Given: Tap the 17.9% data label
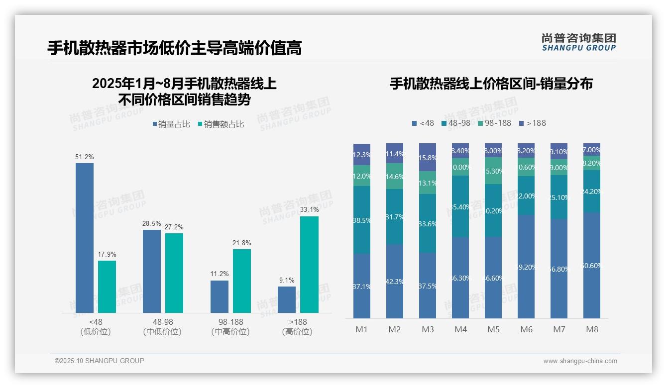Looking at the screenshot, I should click(x=107, y=254).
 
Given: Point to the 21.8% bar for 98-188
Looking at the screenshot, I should click(x=242, y=281).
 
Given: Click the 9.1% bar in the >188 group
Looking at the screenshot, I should click(x=287, y=299).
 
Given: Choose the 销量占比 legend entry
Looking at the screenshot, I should click(x=171, y=124).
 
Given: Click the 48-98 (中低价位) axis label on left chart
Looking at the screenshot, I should click(x=162, y=327).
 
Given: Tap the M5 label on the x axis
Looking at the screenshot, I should click(x=493, y=329).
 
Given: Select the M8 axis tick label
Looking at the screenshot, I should click(x=592, y=329).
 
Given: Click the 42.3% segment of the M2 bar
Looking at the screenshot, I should click(x=395, y=281).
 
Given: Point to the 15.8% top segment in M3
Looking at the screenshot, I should click(x=428, y=157).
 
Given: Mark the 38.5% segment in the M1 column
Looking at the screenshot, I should click(x=362, y=220).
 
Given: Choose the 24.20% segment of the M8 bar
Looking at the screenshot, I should click(x=592, y=192).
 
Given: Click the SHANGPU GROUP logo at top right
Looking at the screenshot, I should click(x=578, y=42).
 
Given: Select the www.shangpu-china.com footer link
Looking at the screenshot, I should click(x=580, y=361).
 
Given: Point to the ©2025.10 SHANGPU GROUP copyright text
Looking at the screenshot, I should click(x=100, y=361).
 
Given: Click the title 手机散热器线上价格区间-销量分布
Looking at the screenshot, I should click(x=491, y=84).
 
